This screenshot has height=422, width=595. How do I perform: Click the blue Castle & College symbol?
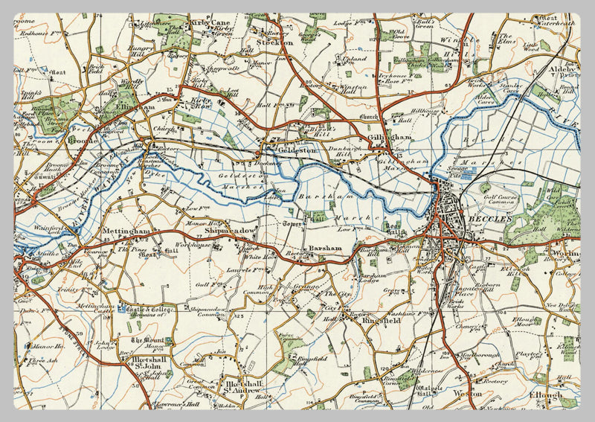[x=121, y=309]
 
